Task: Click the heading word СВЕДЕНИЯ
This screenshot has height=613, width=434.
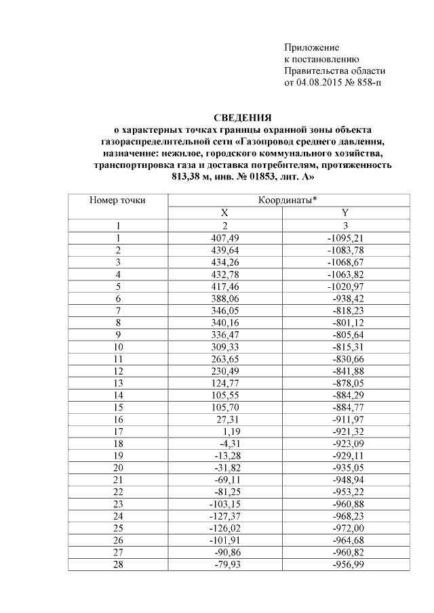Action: [242, 118]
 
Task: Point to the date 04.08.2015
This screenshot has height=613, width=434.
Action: [318, 84]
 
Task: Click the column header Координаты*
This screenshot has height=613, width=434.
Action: [288, 200]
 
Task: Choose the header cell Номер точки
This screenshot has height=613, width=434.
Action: [117, 200]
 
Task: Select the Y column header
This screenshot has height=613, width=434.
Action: [344, 213]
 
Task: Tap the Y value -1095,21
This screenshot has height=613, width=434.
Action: [346, 238]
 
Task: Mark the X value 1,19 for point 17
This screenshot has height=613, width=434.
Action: [233, 431]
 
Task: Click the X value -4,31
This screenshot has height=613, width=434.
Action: [231, 443]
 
